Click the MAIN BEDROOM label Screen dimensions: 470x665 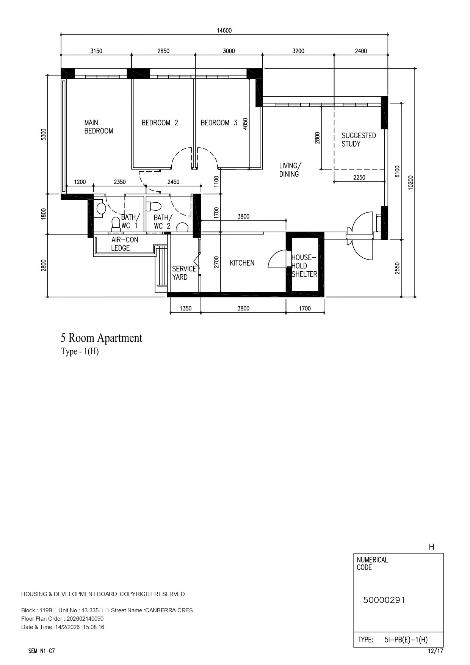coord(99,127)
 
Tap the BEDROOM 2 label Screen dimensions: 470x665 coord(160,123)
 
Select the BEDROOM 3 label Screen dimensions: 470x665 coord(219,123)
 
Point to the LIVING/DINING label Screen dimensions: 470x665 coord(290,170)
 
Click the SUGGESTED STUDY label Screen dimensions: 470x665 coord(359,139)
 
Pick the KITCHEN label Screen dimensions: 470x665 coord(242,263)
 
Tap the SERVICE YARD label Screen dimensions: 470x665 coord(184,273)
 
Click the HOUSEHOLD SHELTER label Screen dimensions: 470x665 coord(304,266)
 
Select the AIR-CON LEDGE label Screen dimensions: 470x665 coord(125,244)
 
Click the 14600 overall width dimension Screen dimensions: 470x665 coord(224,31)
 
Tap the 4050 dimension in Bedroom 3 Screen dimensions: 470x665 coord(245,124)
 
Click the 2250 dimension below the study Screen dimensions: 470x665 coord(359,177)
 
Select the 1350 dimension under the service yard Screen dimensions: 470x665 coord(185,308)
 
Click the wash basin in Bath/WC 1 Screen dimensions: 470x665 coord(101,208)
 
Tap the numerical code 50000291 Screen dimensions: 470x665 coord(384,600)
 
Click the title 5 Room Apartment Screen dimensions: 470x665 coord(102,338)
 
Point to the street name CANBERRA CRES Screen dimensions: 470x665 coord(169,610)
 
